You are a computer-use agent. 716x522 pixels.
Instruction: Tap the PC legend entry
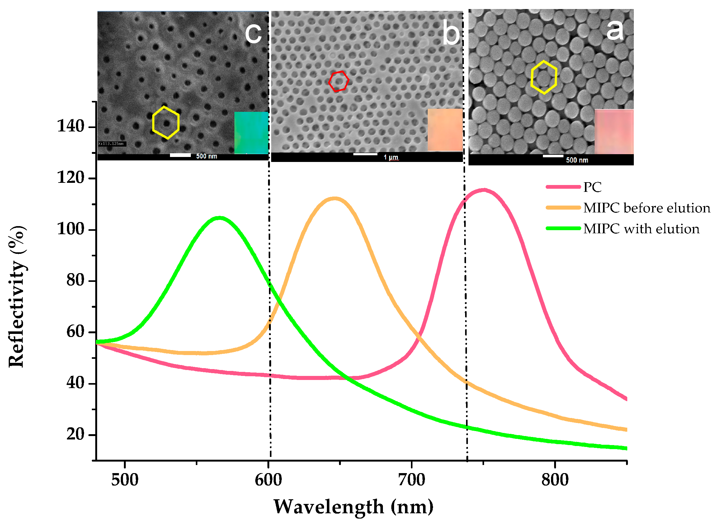(592, 187)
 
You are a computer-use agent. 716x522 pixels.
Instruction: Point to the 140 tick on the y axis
(70, 127)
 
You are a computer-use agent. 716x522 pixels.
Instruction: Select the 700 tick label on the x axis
(412, 480)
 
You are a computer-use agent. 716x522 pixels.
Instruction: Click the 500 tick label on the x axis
(125, 480)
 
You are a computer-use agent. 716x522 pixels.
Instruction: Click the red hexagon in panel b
(339, 81)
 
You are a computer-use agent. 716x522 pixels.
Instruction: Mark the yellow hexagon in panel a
(544, 77)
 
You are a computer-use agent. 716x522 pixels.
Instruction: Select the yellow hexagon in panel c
(166, 123)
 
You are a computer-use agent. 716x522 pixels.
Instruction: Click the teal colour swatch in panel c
(251, 133)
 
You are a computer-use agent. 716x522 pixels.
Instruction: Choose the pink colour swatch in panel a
(614, 132)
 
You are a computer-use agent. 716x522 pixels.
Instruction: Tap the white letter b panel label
(451, 32)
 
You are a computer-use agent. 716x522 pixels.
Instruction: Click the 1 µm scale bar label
(391, 157)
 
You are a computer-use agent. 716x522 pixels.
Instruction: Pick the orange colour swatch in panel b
(445, 130)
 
